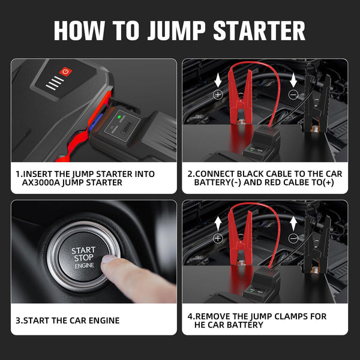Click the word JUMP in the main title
[176, 31]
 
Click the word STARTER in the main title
[259, 31]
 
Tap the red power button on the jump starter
[65, 71]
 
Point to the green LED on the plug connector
[119, 116]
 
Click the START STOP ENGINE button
[83, 257]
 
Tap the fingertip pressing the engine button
[108, 260]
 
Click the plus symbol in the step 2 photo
[218, 94]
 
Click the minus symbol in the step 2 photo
[293, 94]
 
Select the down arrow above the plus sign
[218, 81]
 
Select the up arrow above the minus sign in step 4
[293, 224]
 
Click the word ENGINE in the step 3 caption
[104, 320]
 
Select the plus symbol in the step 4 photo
[218, 239]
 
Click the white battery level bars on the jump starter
[55, 83]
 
